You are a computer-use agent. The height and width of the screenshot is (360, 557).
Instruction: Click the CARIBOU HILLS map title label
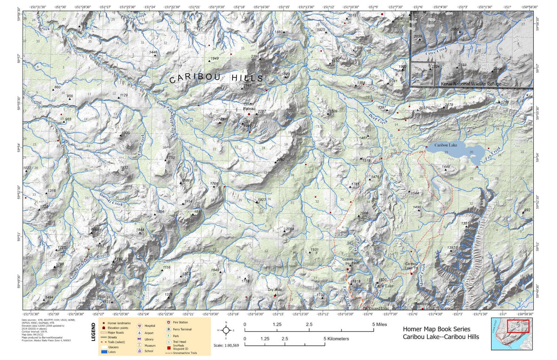click(x=216, y=79)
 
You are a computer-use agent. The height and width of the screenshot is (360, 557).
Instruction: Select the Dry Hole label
click(x=275, y=290)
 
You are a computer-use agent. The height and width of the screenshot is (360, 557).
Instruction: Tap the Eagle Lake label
click(x=384, y=286)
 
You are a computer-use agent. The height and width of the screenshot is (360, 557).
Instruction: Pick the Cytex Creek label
click(x=436, y=51)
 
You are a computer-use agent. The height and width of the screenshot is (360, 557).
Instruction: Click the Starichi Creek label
click(x=111, y=200)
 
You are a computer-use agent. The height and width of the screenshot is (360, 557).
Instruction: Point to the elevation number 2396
click(x=255, y=57)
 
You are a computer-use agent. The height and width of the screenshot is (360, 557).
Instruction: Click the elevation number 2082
click(x=280, y=160)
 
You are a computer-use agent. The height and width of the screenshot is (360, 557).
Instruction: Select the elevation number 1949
click(x=214, y=58)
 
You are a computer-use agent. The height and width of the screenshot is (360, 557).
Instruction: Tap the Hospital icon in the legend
click(x=139, y=326)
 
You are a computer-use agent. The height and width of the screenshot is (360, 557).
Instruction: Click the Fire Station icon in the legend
click(x=169, y=321)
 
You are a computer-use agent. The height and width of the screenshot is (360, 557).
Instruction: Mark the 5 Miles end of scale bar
click(x=374, y=330)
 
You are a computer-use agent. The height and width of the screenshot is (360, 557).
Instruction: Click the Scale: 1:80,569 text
click(x=226, y=346)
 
